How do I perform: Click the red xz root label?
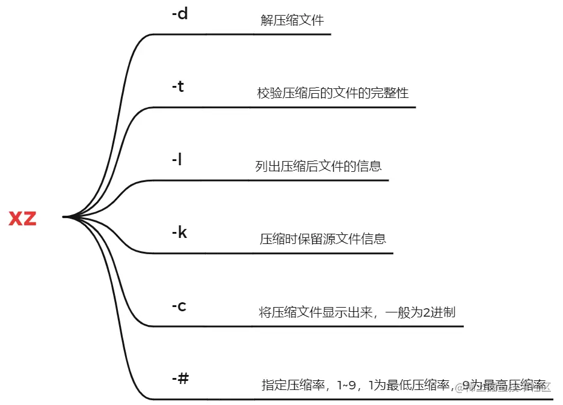click(x=23, y=219)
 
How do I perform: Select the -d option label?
click(x=180, y=14)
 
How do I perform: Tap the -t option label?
click(x=178, y=87)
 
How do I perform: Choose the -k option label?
click(x=179, y=233)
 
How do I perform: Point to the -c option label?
click(x=179, y=306)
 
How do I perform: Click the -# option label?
click(x=180, y=379)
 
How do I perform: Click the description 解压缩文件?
click(x=292, y=20)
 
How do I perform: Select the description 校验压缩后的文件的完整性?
click(x=333, y=93)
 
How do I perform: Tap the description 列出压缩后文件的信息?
click(x=318, y=166)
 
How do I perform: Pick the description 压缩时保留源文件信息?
click(x=323, y=239)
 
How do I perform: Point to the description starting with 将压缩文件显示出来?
click(x=357, y=312)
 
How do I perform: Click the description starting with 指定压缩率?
click(x=404, y=385)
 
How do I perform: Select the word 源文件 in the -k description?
click(x=341, y=239)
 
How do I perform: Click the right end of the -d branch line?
click(x=331, y=34)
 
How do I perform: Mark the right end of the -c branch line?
click(x=463, y=326)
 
